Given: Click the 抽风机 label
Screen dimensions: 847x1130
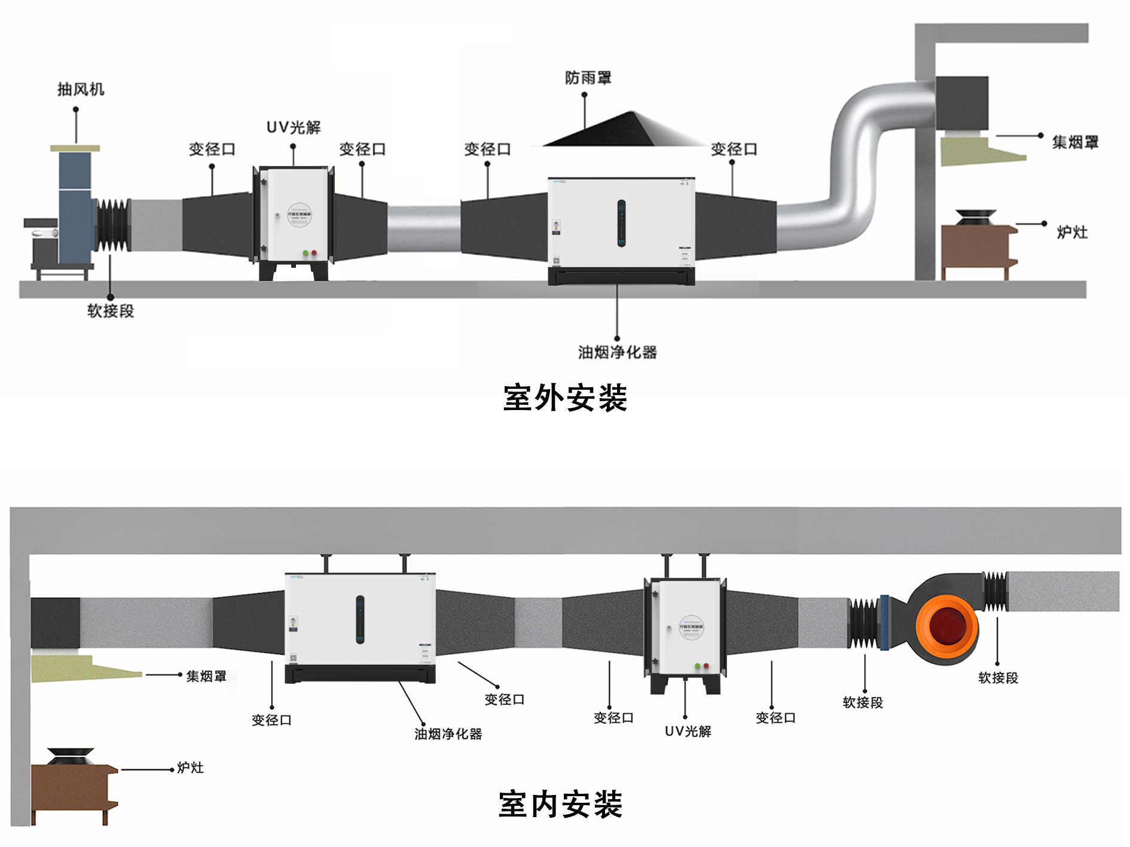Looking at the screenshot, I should tap(81, 90).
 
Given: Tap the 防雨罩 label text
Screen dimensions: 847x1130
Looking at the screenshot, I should tap(588, 78).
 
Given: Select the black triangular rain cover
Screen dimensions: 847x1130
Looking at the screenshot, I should tap(622, 132).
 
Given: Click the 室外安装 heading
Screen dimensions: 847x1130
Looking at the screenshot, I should tap(565, 398).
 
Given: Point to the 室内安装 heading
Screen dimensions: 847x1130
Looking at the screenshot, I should tap(561, 804).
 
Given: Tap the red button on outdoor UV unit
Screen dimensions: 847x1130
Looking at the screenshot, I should tap(314, 253).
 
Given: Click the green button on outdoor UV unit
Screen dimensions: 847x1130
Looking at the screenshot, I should tap(306, 253).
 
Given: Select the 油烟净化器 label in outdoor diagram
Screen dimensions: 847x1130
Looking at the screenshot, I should tap(617, 353).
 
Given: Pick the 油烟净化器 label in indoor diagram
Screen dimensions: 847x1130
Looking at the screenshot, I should tap(448, 734).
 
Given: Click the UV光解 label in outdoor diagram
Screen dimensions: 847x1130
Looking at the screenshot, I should tap(294, 127).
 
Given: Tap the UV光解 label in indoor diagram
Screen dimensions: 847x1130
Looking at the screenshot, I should tap(688, 732).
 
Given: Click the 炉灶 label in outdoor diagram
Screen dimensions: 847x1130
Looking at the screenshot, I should tap(1072, 233).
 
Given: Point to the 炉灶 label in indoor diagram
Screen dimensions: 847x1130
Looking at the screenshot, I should tap(190, 768).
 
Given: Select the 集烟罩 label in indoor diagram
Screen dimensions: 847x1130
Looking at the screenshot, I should tap(206, 677).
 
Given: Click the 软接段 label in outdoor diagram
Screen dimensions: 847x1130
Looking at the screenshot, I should tap(111, 311).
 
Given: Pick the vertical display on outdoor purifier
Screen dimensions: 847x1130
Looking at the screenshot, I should tap(621, 223).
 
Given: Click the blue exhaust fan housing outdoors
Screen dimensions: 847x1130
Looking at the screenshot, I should tap(75, 206).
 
